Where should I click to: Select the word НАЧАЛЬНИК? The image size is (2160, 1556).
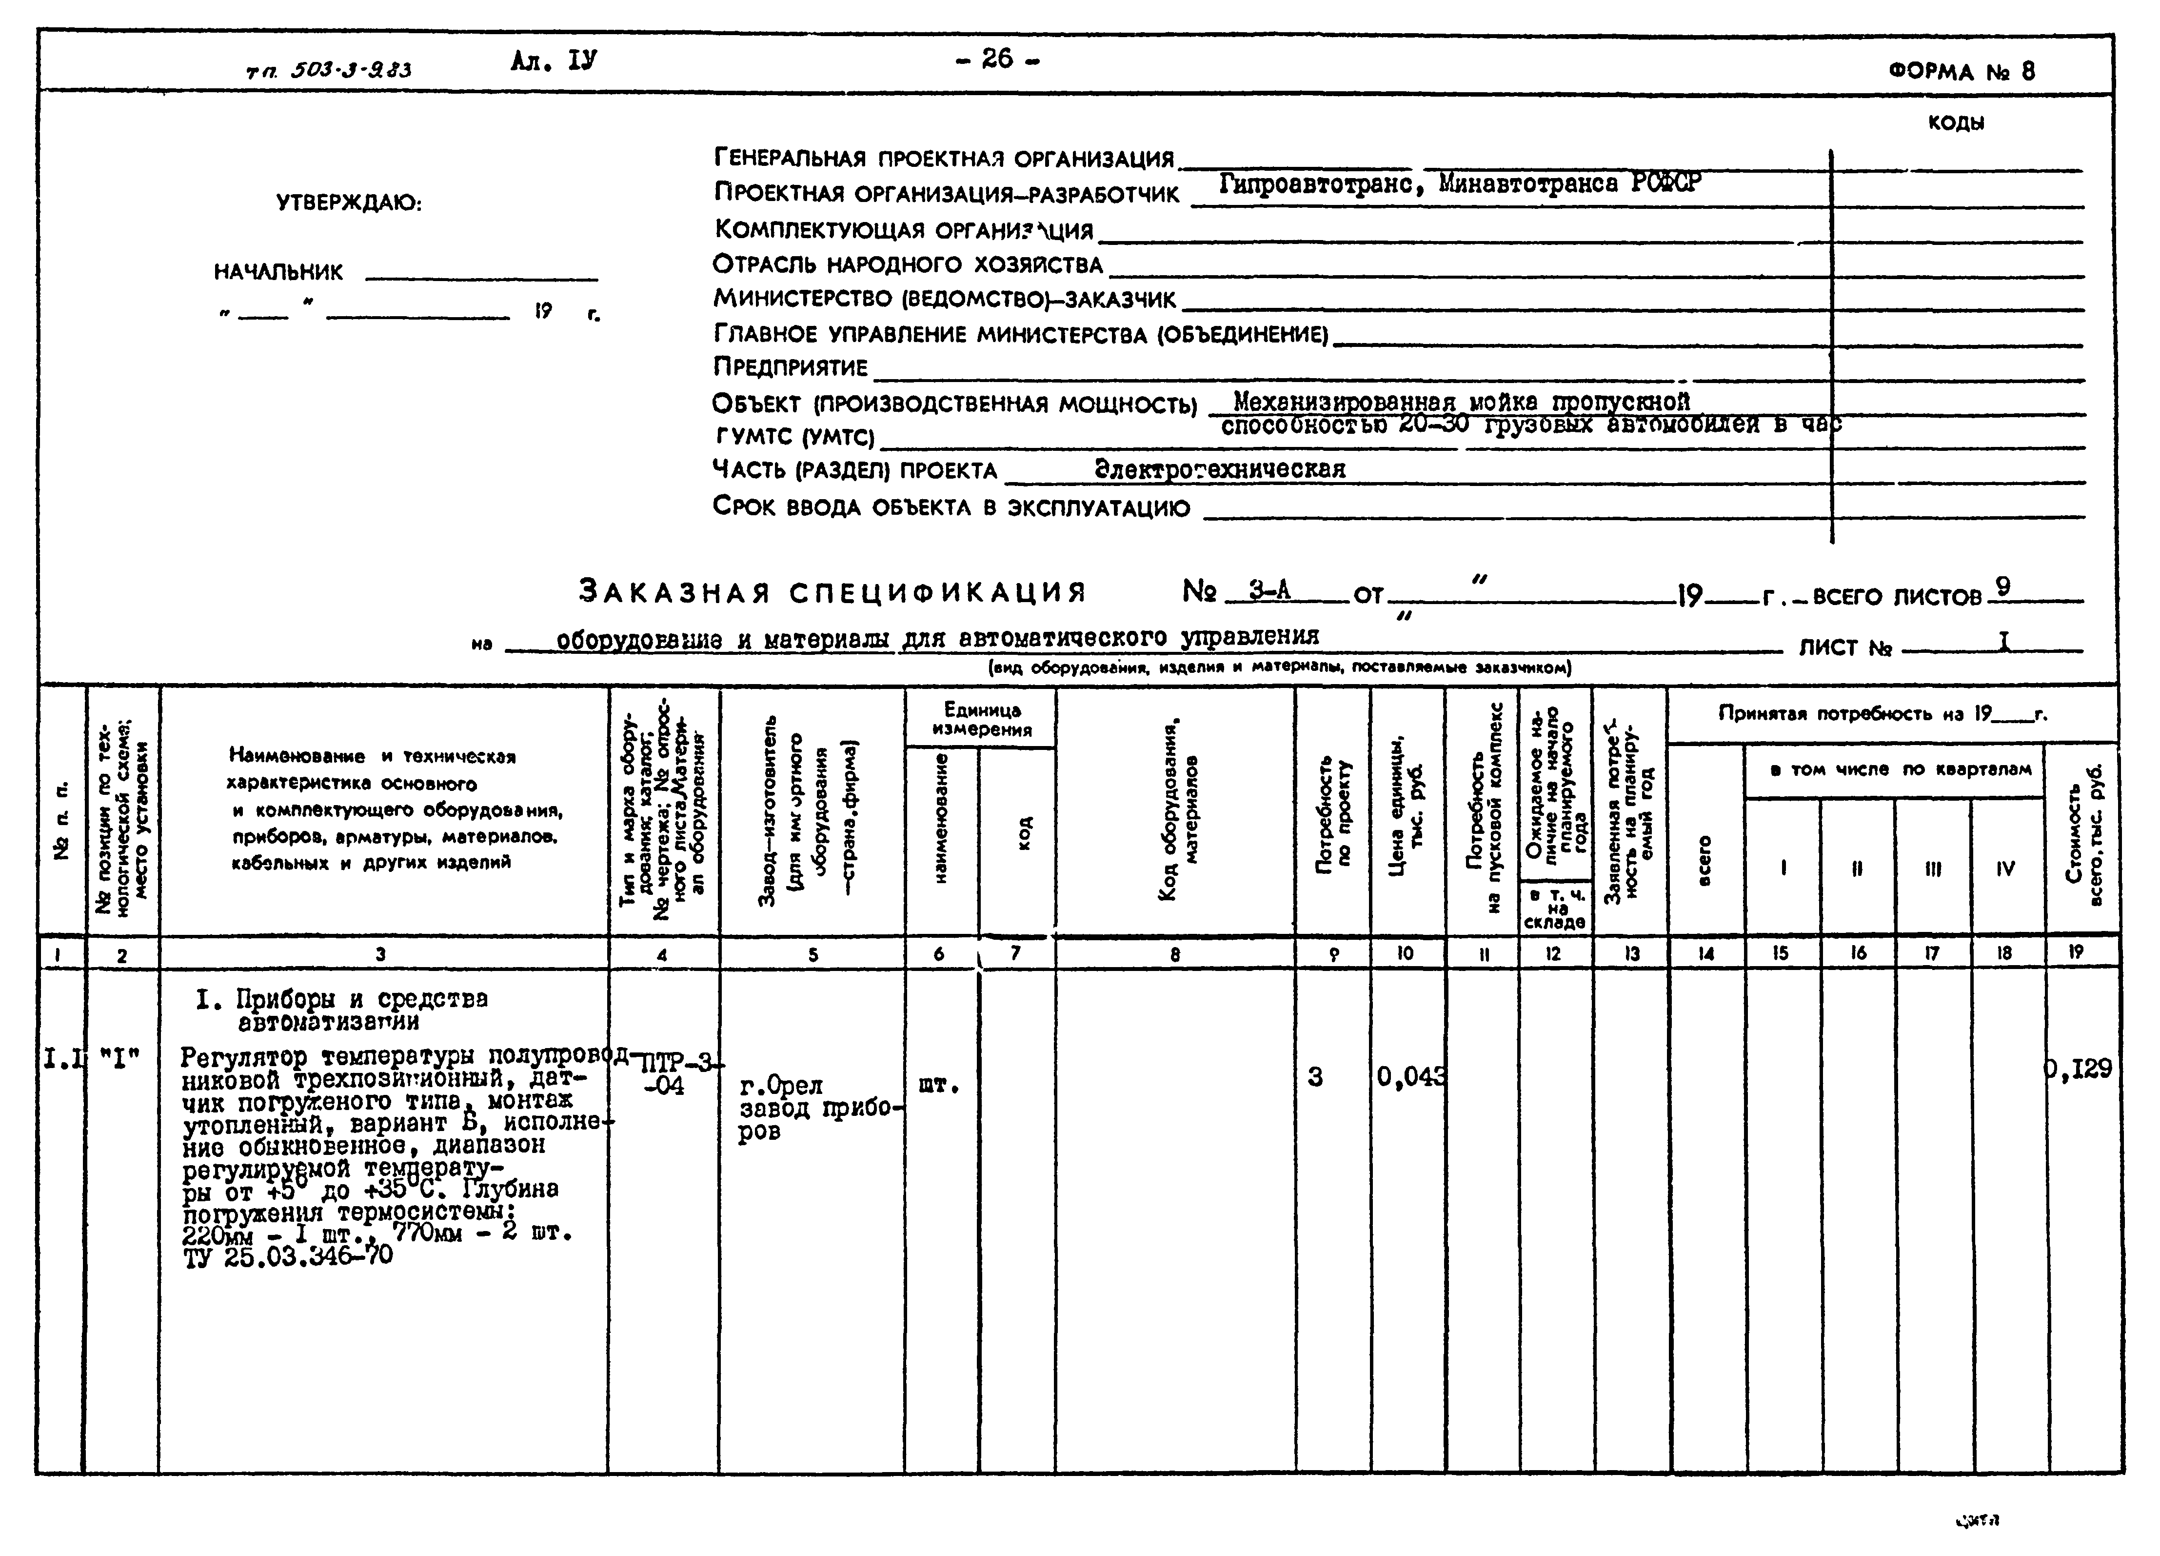(x=278, y=273)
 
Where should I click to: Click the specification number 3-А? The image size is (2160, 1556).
(x=1269, y=592)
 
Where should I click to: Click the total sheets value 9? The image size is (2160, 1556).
(x=2003, y=588)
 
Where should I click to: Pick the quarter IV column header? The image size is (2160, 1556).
(x=2006, y=868)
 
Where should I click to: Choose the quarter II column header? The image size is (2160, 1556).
(x=1857, y=868)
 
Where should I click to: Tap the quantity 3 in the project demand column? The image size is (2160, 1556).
(x=1315, y=1078)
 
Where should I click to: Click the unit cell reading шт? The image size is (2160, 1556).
(x=938, y=1085)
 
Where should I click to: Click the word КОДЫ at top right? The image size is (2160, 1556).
(x=1955, y=123)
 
